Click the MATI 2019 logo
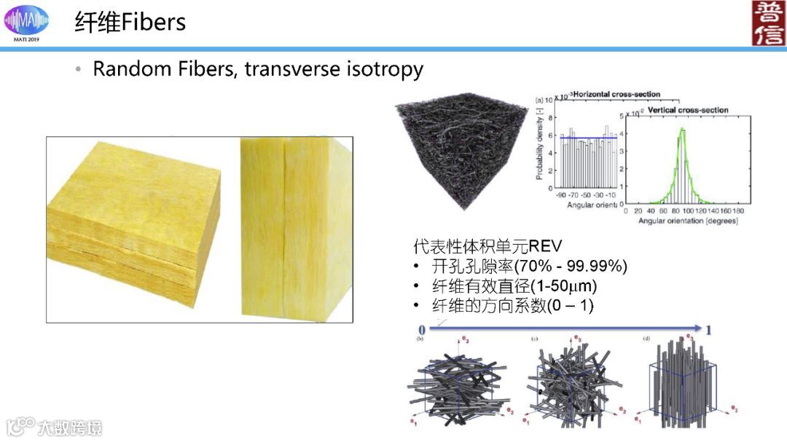click(27, 21)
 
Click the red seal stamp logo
click(769, 23)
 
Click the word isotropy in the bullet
click(388, 69)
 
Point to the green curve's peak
click(683, 129)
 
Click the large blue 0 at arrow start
click(422, 330)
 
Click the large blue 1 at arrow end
click(708, 330)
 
